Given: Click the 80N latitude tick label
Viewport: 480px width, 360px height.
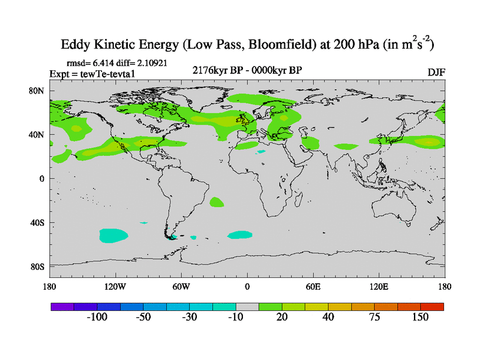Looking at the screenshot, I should [x=37, y=91].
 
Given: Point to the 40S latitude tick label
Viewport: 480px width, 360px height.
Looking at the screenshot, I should [x=37, y=223].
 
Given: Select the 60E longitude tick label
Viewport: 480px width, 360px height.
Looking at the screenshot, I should [x=313, y=286].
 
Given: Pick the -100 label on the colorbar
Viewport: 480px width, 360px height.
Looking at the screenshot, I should [x=96, y=317].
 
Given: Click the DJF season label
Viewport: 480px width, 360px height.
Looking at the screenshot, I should [x=436, y=72].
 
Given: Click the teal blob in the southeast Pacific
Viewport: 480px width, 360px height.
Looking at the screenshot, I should [x=113, y=235].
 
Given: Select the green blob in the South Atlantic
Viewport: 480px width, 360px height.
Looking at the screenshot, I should [x=217, y=203].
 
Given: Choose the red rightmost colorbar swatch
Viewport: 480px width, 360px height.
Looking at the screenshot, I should [x=432, y=306].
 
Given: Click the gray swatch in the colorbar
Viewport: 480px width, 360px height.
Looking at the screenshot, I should [x=247, y=306].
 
